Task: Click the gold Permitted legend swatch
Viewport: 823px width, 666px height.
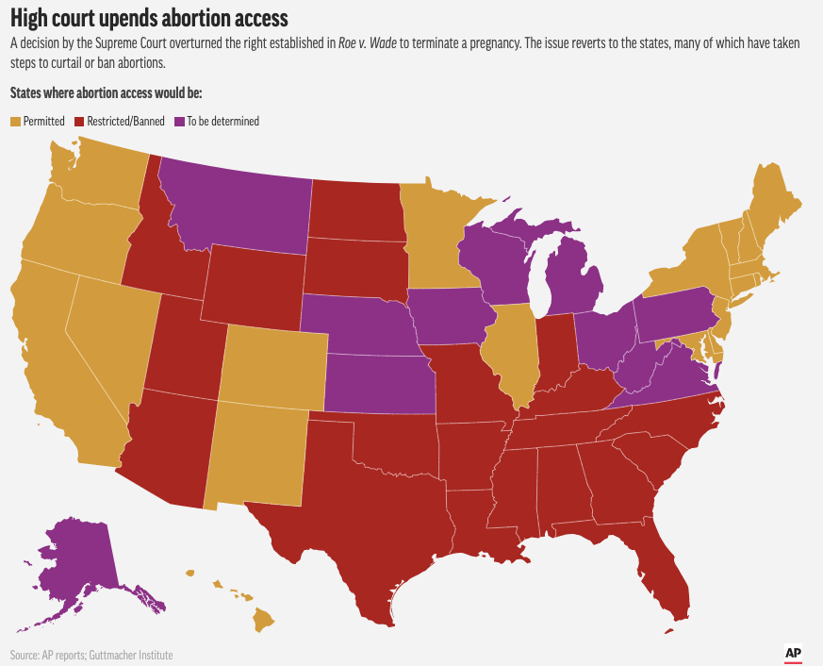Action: (x=14, y=122)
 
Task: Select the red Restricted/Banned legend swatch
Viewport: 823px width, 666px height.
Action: (x=80, y=122)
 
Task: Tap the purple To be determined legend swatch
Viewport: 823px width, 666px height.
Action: (x=179, y=122)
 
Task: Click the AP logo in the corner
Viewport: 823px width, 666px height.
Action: (x=794, y=652)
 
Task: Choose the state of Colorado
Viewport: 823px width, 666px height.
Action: (x=272, y=369)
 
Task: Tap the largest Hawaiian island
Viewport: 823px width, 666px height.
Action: (x=263, y=621)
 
